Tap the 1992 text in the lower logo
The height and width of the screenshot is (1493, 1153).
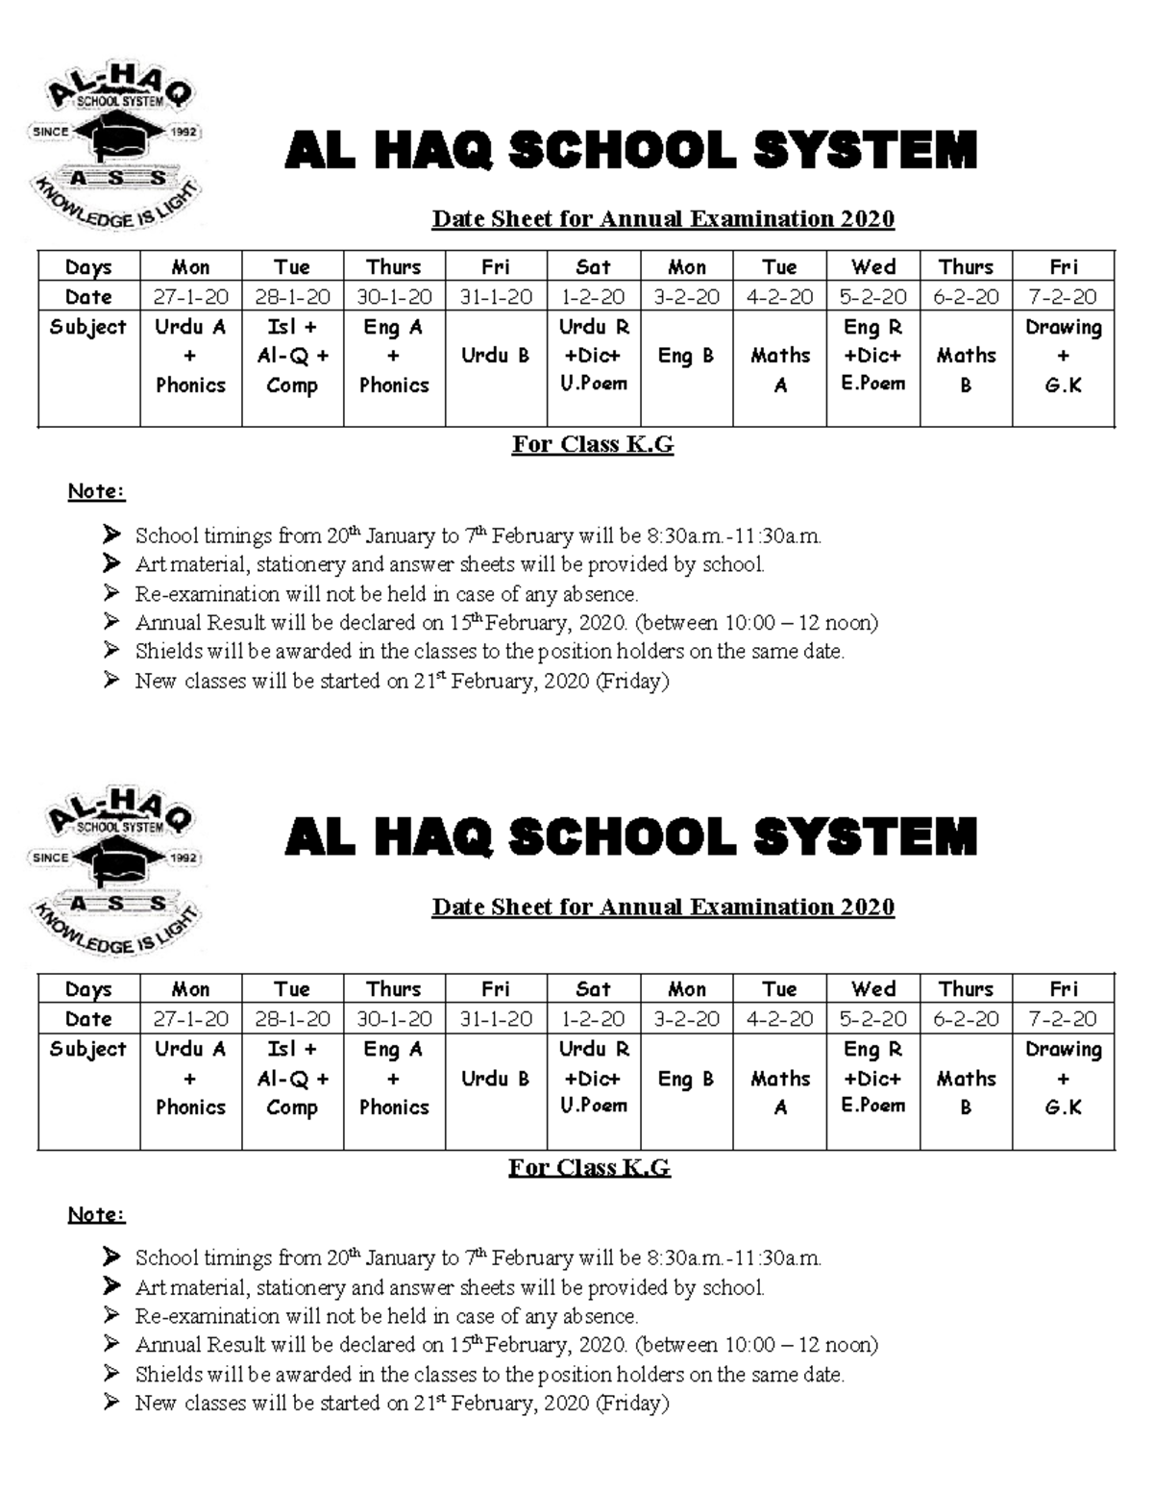point(183,857)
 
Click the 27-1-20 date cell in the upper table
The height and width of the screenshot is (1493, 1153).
point(190,297)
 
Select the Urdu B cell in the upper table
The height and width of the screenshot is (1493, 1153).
point(495,356)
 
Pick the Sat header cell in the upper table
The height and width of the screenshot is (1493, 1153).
point(593,267)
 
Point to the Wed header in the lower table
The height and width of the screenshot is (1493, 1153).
point(872,989)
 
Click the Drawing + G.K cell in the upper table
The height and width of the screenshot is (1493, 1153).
point(1063,356)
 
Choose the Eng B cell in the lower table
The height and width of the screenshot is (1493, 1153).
point(686,1079)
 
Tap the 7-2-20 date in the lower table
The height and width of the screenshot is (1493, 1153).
point(1063,1019)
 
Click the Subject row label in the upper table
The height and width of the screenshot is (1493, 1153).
point(88,327)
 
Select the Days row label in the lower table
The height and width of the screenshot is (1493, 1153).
point(88,989)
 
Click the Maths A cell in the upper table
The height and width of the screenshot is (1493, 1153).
point(779,370)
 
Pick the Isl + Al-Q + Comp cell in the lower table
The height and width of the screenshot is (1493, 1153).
point(292,1079)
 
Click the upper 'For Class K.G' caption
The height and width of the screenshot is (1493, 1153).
point(592,444)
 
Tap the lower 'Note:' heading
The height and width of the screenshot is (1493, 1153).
point(96,1214)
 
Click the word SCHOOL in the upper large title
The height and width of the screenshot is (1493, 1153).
point(622,152)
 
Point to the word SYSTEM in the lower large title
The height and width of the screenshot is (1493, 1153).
point(865,837)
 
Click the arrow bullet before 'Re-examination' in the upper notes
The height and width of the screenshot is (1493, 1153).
point(112,593)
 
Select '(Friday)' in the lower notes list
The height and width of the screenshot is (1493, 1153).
point(632,1403)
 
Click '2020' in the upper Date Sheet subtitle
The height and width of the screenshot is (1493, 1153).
point(868,219)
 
